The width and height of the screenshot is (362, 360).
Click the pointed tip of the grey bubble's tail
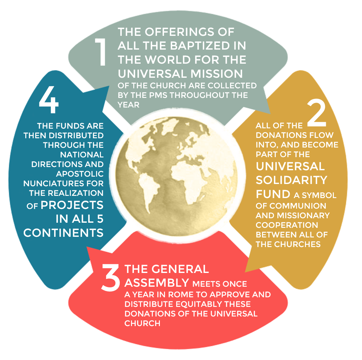pyautogui.click(x=270, y=114)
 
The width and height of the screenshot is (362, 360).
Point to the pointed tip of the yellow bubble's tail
pyautogui.click(x=245, y=272)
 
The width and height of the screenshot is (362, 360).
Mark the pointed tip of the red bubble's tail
pyautogui.click(x=86, y=246)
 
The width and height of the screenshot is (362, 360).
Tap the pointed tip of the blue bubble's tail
pyautogui.click(x=109, y=86)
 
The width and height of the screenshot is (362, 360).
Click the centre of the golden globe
pyautogui.click(x=177, y=176)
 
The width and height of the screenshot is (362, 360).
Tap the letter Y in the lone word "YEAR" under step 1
pyautogui.click(x=120, y=105)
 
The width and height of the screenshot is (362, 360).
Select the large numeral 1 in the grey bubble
pyautogui.click(x=101, y=52)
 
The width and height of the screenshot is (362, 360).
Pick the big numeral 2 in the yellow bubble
pyautogui.click(x=317, y=113)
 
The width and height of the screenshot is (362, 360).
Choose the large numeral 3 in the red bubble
pyautogui.click(x=111, y=277)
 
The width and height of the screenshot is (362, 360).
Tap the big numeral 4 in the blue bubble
pyautogui.click(x=49, y=100)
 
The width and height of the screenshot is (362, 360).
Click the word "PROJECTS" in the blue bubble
pyautogui.click(x=72, y=205)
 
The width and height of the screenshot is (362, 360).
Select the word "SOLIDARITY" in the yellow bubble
pyautogui.click(x=292, y=180)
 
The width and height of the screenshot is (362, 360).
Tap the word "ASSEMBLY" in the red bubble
pyautogui.click(x=157, y=283)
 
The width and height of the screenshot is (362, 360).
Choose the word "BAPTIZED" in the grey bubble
pyautogui.click(x=200, y=46)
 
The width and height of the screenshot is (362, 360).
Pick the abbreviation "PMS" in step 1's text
pyautogui.click(x=158, y=95)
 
